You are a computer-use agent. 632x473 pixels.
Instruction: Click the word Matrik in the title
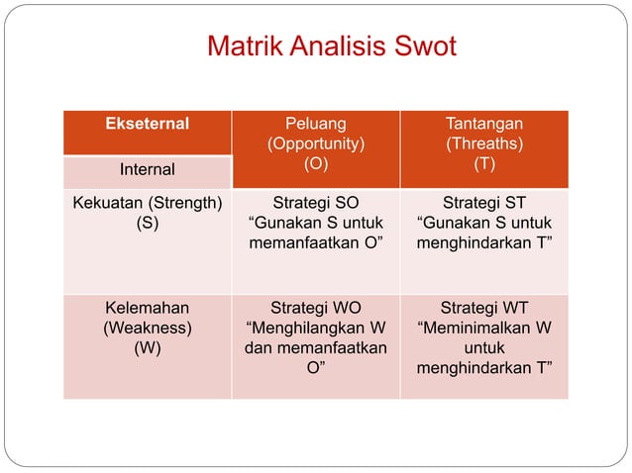tap(244, 47)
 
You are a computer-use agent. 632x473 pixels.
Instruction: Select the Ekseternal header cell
tap(148, 125)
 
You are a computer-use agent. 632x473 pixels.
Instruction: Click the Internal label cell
tap(148, 170)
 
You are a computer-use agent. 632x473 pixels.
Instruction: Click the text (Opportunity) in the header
tap(316, 144)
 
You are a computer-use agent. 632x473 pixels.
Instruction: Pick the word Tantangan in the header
tap(484, 125)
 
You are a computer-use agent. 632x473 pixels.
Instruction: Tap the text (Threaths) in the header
tap(484, 144)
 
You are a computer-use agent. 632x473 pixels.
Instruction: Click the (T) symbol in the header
tap(484, 164)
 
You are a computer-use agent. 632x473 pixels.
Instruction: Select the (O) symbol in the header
tap(316, 164)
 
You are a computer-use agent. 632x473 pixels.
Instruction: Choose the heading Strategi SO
tap(316, 204)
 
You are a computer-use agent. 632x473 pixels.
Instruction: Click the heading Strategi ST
tap(484, 204)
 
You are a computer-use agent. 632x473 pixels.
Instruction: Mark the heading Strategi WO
tap(316, 309)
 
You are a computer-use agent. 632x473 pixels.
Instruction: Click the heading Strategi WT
tap(484, 309)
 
